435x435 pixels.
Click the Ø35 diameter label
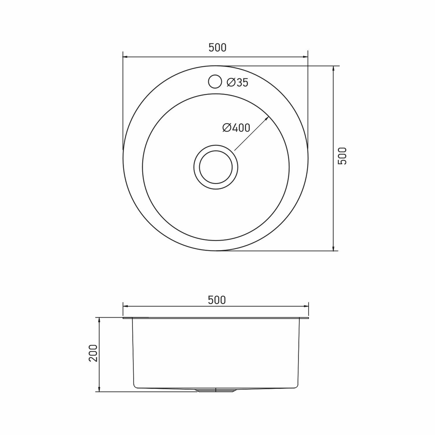coord(238,82)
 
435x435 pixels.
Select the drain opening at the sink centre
coord(216,167)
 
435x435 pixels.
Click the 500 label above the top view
coord(217,48)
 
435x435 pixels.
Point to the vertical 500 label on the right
coord(343,156)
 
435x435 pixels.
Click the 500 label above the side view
coord(217,300)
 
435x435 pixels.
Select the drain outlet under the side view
coord(216,390)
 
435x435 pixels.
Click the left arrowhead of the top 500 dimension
coord(125,57)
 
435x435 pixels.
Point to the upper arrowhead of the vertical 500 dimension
coord(334,69)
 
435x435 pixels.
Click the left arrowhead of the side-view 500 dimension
coord(125,307)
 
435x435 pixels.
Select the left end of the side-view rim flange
coord(124,318)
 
